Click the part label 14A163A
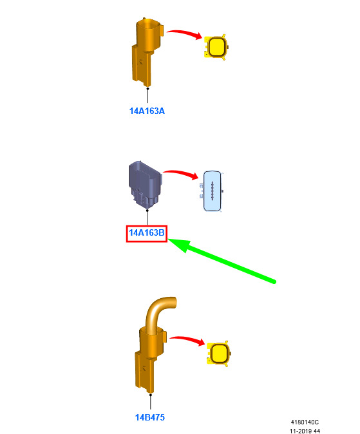pos(147,111)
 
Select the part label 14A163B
pos(147,233)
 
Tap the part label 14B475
pos(150,417)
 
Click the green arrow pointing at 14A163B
pos(222,261)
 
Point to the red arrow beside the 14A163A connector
pos(185,33)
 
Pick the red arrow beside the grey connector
pos(181,174)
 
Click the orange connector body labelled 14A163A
pos(146,53)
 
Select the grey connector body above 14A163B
pos(145,184)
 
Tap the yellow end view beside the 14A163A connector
pos(216,47)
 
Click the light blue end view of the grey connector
pos(213,191)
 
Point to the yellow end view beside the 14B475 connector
pos(219,354)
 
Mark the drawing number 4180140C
pos(305,422)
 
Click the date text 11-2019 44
pos(305,431)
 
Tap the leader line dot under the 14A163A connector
pos(147,89)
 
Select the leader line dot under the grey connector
pos(147,211)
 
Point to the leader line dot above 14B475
pos(150,395)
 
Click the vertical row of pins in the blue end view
pos(212,191)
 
